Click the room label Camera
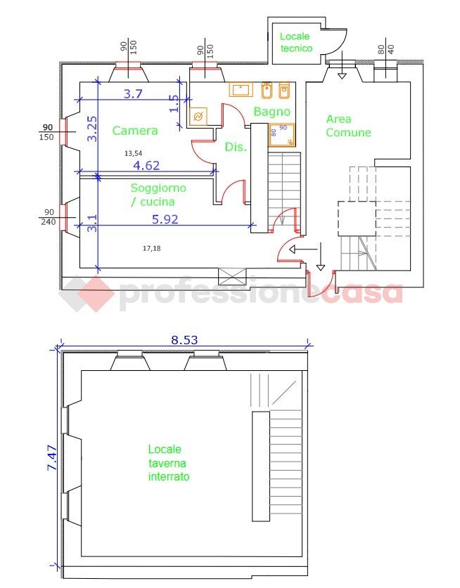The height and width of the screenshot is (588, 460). click(134, 130)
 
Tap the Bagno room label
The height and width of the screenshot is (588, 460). click(271, 111)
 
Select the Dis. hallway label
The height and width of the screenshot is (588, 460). click(235, 147)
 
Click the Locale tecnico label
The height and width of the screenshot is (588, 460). click(296, 42)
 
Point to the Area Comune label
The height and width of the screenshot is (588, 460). click(348, 126)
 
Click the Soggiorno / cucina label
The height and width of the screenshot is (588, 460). click(158, 195)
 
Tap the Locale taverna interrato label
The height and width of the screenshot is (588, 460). click(169, 462)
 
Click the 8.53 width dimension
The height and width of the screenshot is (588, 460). click(184, 339)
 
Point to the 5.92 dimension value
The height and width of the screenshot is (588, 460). click(165, 219)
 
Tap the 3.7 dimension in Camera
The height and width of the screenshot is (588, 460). click(133, 93)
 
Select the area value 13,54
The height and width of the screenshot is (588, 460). click(134, 152)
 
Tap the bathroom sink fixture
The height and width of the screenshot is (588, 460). click(242, 90)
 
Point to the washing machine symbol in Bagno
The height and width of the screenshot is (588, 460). click(198, 117)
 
